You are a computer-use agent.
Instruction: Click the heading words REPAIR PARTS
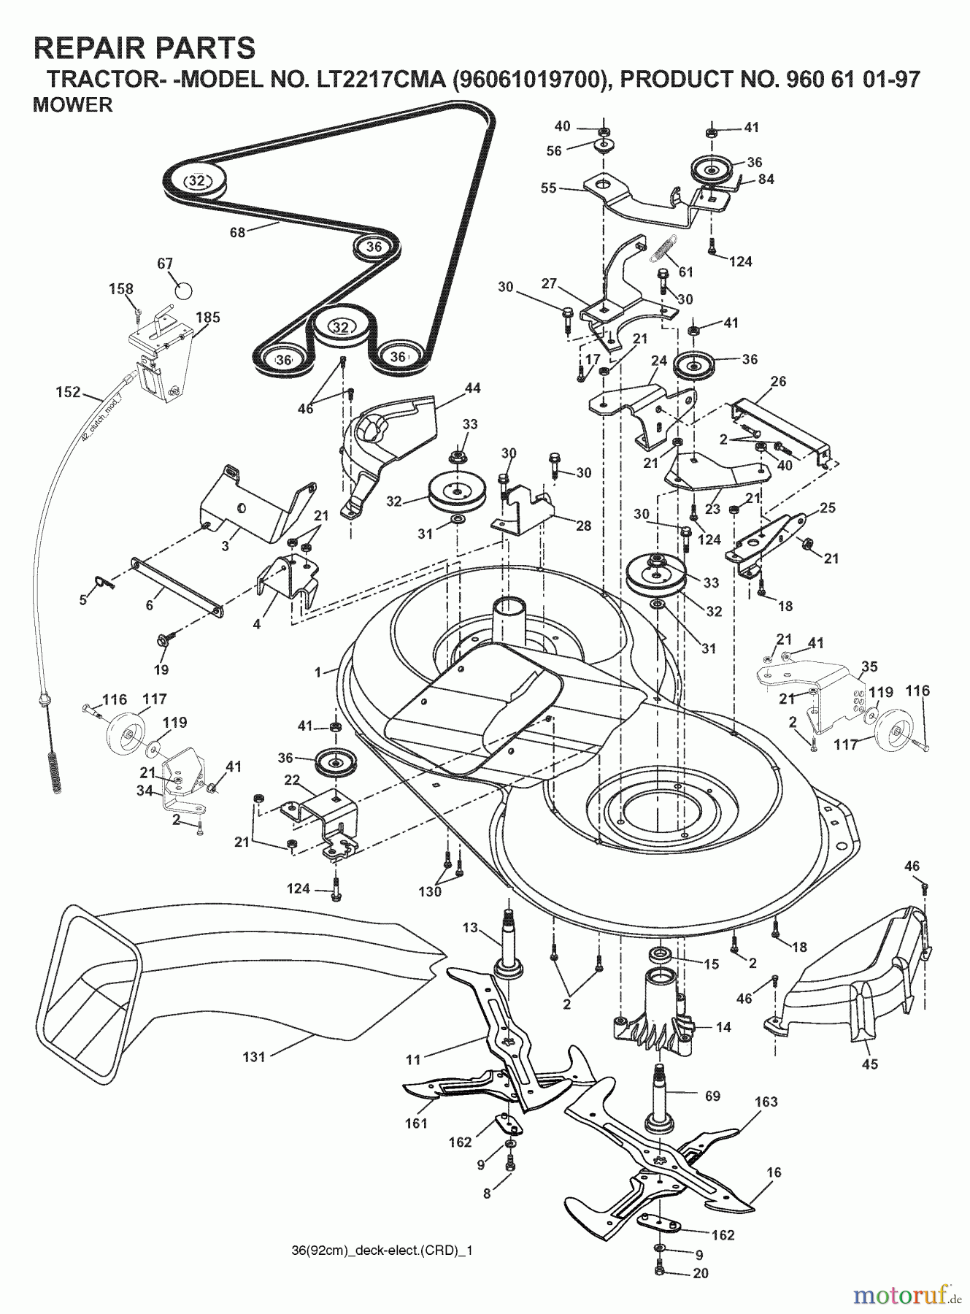click(x=145, y=48)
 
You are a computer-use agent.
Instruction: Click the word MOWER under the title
click(x=73, y=105)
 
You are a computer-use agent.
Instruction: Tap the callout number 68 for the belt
click(x=236, y=232)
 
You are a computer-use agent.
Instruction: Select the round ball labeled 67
click(x=184, y=290)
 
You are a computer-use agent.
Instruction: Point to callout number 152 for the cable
click(x=68, y=392)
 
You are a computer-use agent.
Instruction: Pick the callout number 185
click(x=208, y=318)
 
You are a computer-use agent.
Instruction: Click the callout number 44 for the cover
click(x=472, y=388)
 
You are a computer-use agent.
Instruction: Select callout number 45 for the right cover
click(x=869, y=1064)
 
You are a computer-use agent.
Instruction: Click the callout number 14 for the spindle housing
click(x=723, y=1027)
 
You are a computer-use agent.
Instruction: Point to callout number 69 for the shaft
click(x=712, y=1096)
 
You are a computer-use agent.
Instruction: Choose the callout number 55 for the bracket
click(x=549, y=188)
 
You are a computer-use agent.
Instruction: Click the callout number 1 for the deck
click(x=317, y=672)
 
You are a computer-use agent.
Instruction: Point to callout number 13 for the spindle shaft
click(x=469, y=928)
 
